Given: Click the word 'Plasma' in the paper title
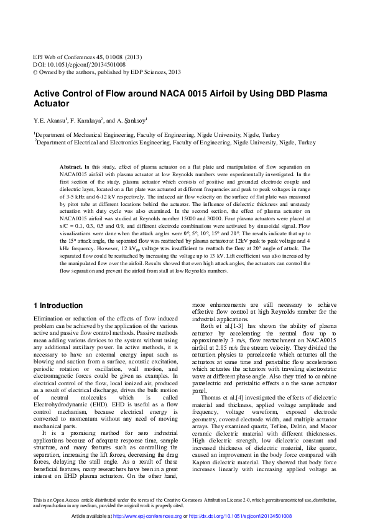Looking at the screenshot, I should tap(301, 93).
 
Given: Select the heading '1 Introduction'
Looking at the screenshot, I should tap(57, 306).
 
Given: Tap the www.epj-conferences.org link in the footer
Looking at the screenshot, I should tap(162, 516).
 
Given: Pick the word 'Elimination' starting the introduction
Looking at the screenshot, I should tap(49, 318).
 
